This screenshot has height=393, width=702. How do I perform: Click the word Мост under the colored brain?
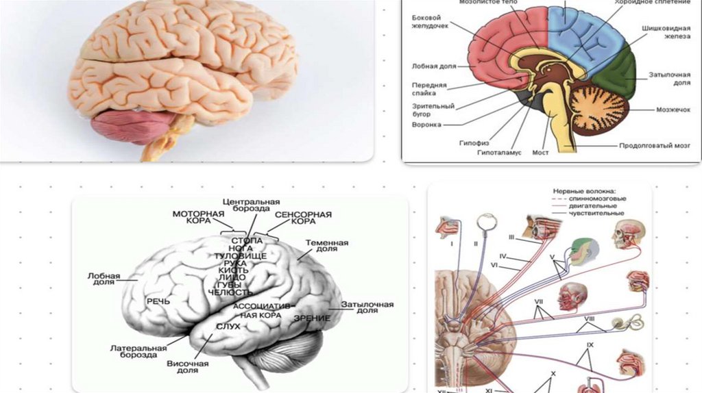click(540, 152)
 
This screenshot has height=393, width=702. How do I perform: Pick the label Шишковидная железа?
click(665, 34)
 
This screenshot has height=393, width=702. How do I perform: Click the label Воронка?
click(426, 125)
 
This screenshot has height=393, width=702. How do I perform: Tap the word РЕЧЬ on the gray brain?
click(158, 301)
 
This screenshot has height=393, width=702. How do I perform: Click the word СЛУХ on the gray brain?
click(228, 326)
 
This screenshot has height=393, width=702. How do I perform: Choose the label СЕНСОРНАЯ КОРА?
click(303, 218)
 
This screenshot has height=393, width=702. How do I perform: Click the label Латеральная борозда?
click(138, 352)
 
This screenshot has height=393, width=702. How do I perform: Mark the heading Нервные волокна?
click(583, 191)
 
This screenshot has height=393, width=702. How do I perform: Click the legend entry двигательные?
click(592, 205)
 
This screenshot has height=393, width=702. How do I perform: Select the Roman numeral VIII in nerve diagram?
click(589, 319)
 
